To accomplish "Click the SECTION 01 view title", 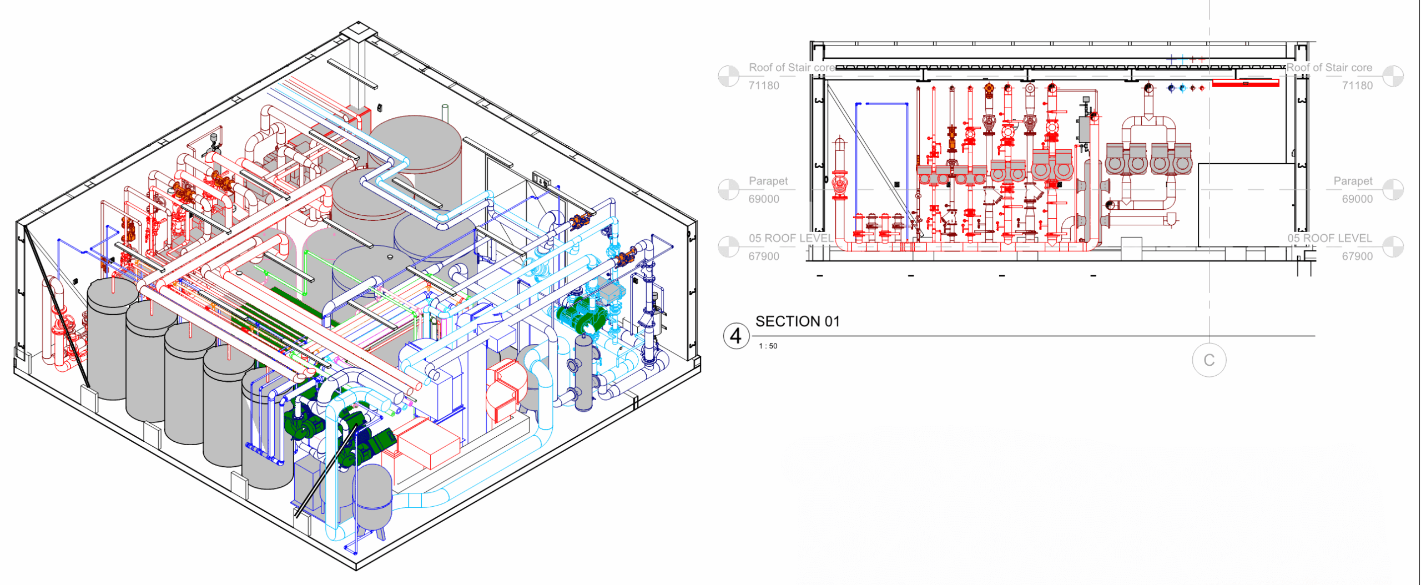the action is coord(798,321).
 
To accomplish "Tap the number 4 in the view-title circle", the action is coord(735,336).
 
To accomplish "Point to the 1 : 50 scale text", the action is coord(768,346).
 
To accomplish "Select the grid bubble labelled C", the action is coord(1209,360).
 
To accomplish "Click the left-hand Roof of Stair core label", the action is coord(792,67).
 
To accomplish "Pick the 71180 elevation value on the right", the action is coord(1357,85).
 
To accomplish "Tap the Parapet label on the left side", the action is coord(768,181).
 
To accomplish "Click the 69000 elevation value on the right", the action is coord(1357,199).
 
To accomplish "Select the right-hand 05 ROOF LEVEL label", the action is coord(1329,238).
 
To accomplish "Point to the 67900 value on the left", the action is coord(764,256).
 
